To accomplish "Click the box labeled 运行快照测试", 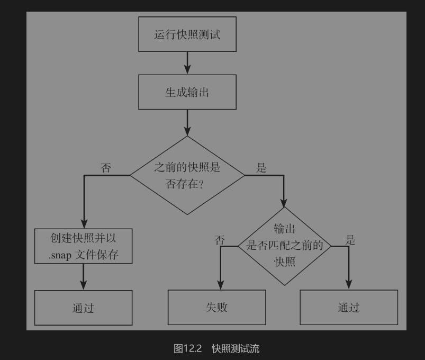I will pyautogui.click(x=187, y=34).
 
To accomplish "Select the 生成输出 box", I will pyautogui.click(x=187, y=92).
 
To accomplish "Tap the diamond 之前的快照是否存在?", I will pyautogui.click(x=187, y=175).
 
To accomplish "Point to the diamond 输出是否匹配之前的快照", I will pyautogui.click(x=285, y=246).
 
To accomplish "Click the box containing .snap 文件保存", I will pyautogui.click(x=83, y=246).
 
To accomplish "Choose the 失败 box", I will pyautogui.click(x=216, y=307).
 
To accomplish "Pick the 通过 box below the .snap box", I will pyautogui.click(x=83, y=308).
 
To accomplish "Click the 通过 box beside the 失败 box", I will pyautogui.click(x=348, y=307).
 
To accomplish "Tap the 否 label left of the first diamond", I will pyautogui.click(x=106, y=168).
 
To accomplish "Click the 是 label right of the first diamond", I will pyautogui.click(x=261, y=168).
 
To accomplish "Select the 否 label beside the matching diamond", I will pyautogui.click(x=220, y=240).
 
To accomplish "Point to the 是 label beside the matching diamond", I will pyautogui.click(x=350, y=240).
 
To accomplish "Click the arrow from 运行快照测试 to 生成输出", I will pyautogui.click(x=187, y=63).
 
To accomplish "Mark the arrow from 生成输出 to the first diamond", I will pyautogui.click(x=187, y=122).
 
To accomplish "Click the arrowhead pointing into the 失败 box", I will pyautogui.click(x=220, y=285).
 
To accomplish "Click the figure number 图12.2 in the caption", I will pyautogui.click(x=188, y=348).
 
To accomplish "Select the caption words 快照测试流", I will pyautogui.click(x=236, y=348).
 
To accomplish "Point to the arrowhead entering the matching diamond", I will pyautogui.click(x=284, y=202).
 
